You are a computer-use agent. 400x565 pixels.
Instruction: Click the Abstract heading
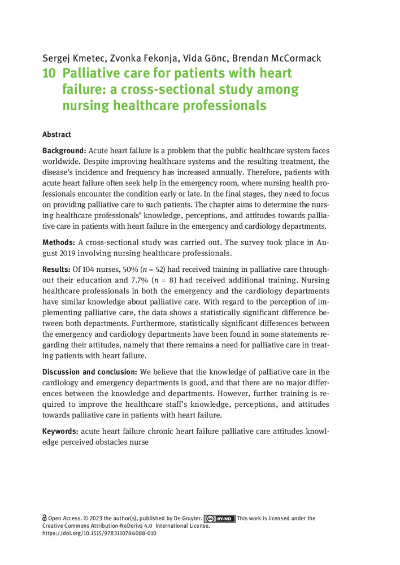tap(57, 134)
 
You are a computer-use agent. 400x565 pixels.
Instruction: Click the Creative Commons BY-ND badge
tap(219, 518)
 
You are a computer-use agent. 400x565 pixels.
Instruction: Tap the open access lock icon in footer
tap(45, 518)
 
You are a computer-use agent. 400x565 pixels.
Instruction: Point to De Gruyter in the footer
tap(184, 518)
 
